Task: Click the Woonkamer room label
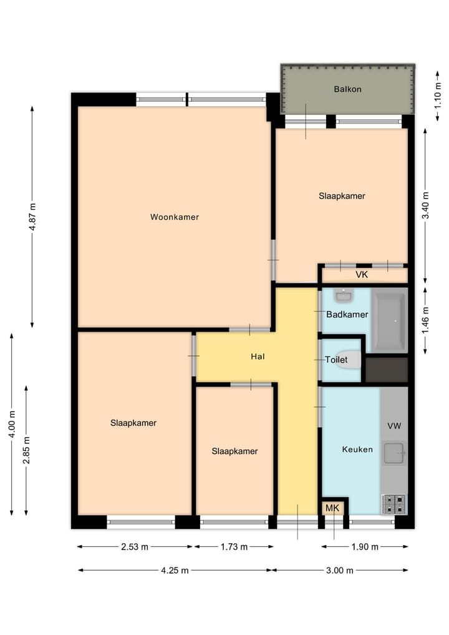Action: (x=174, y=217)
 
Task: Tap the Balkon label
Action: (x=347, y=89)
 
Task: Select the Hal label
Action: (x=258, y=357)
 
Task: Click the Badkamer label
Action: (x=347, y=315)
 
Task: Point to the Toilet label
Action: (x=336, y=360)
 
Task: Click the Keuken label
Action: (x=357, y=449)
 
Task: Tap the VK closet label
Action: (x=362, y=275)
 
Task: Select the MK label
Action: (x=332, y=508)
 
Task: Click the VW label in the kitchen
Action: (x=394, y=426)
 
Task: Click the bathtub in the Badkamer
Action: (x=390, y=320)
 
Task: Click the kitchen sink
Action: (x=394, y=452)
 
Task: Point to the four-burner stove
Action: (x=393, y=504)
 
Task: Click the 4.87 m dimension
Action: (x=32, y=217)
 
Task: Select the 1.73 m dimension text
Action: (x=234, y=547)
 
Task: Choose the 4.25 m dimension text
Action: (x=176, y=570)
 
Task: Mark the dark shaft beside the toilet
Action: (x=387, y=370)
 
